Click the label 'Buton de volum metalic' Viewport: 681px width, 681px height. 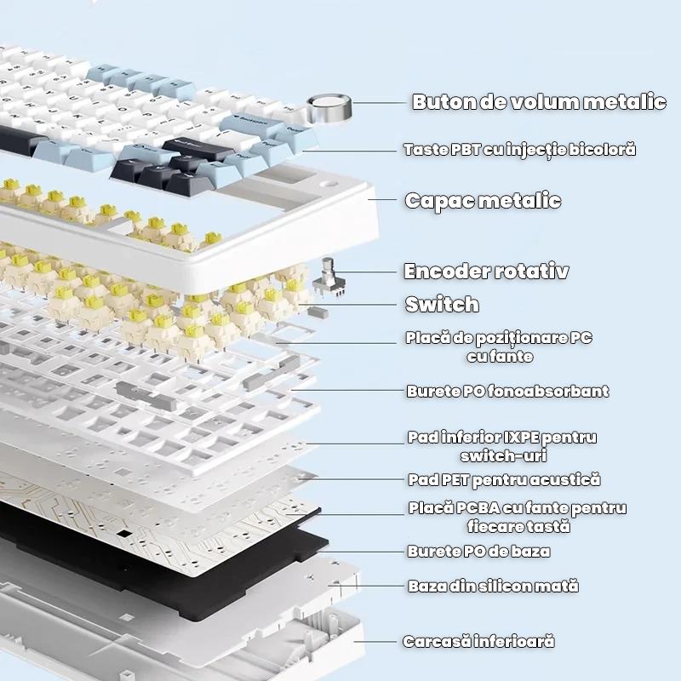[x=539, y=102]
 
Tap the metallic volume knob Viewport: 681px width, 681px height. [x=329, y=110]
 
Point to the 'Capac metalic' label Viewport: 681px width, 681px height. [x=483, y=201]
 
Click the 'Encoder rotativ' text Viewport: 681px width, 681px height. [x=485, y=272]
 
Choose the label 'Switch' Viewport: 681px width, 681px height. [x=442, y=304]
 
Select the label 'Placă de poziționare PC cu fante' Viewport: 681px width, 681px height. [x=499, y=347]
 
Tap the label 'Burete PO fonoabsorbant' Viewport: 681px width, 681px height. [x=507, y=392]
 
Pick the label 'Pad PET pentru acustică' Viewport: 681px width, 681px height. [x=504, y=481]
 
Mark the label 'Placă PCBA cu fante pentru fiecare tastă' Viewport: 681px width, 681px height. [x=517, y=518]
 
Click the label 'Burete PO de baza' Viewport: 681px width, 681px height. [x=478, y=552]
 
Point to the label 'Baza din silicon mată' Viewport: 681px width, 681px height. [x=493, y=587]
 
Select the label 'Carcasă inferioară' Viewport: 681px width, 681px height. [x=478, y=641]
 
